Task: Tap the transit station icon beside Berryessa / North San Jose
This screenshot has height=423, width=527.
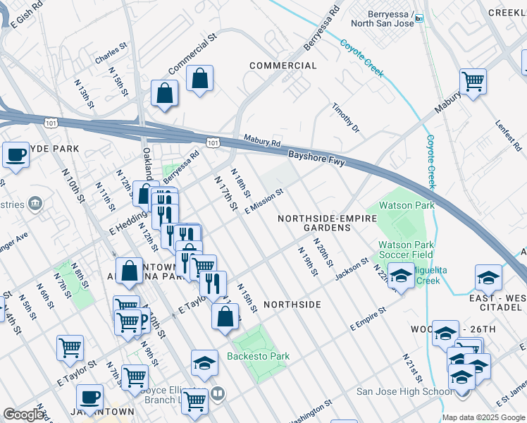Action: tap(419, 18)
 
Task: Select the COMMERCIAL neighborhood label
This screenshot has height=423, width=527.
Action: tap(283, 66)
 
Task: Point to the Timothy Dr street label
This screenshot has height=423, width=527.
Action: tap(346, 118)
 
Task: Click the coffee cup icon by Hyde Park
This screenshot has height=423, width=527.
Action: tap(15, 155)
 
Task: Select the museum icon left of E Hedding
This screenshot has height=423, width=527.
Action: tap(34, 204)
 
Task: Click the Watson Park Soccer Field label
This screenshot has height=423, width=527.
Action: tap(405, 248)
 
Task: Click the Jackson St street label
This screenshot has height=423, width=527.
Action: tap(352, 269)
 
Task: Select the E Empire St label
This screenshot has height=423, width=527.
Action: tap(368, 319)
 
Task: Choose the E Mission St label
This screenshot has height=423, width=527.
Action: tap(264, 201)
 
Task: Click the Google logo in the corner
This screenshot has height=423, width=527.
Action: tap(23, 414)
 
